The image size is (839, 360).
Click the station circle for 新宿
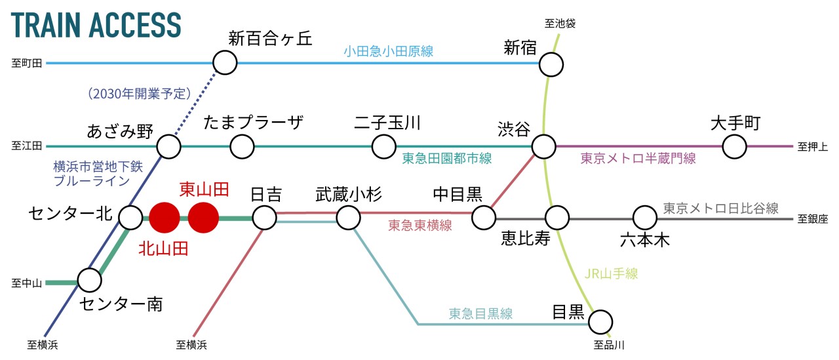(x=551, y=64)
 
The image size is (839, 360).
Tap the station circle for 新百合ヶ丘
(x=225, y=63)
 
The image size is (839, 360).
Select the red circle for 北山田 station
(x=164, y=218)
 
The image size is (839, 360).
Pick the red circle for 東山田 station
(x=203, y=218)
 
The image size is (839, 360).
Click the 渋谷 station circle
(x=543, y=146)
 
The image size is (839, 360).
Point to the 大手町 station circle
(x=735, y=146)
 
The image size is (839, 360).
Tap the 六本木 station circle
(x=644, y=217)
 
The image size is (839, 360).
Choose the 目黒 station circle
(x=600, y=322)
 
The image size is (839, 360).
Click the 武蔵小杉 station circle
(x=348, y=217)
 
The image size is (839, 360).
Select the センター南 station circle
(x=90, y=280)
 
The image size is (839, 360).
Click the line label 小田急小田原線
(x=389, y=51)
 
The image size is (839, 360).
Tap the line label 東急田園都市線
(x=447, y=159)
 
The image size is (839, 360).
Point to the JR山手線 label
(x=611, y=274)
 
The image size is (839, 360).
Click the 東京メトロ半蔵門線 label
(x=638, y=158)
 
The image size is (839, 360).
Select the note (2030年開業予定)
(x=138, y=93)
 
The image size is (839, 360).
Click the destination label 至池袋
(x=560, y=24)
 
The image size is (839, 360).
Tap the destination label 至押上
(x=813, y=146)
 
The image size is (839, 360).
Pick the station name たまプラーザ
(x=253, y=123)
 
